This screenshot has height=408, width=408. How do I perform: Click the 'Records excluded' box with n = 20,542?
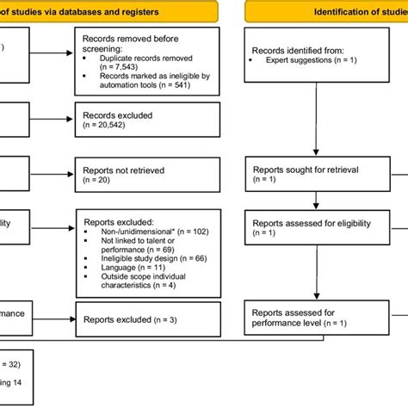click(151, 120)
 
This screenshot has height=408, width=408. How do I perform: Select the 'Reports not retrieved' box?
click(151, 176)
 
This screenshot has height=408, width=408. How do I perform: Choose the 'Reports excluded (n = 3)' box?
click(151, 319)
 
